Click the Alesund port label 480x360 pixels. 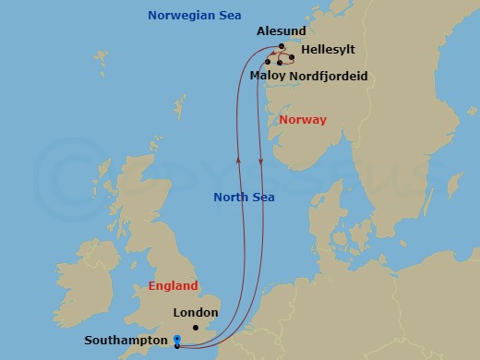click(281, 30)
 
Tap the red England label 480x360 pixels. click(173, 286)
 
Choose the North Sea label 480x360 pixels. click(244, 197)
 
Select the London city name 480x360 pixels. click(195, 313)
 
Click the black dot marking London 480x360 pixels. click(196, 328)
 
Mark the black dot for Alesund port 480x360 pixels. click(282, 45)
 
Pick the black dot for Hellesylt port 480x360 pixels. click(292, 57)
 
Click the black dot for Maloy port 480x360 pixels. click(268, 62)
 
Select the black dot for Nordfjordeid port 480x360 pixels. click(280, 63)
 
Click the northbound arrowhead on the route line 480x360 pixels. click(239, 159)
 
